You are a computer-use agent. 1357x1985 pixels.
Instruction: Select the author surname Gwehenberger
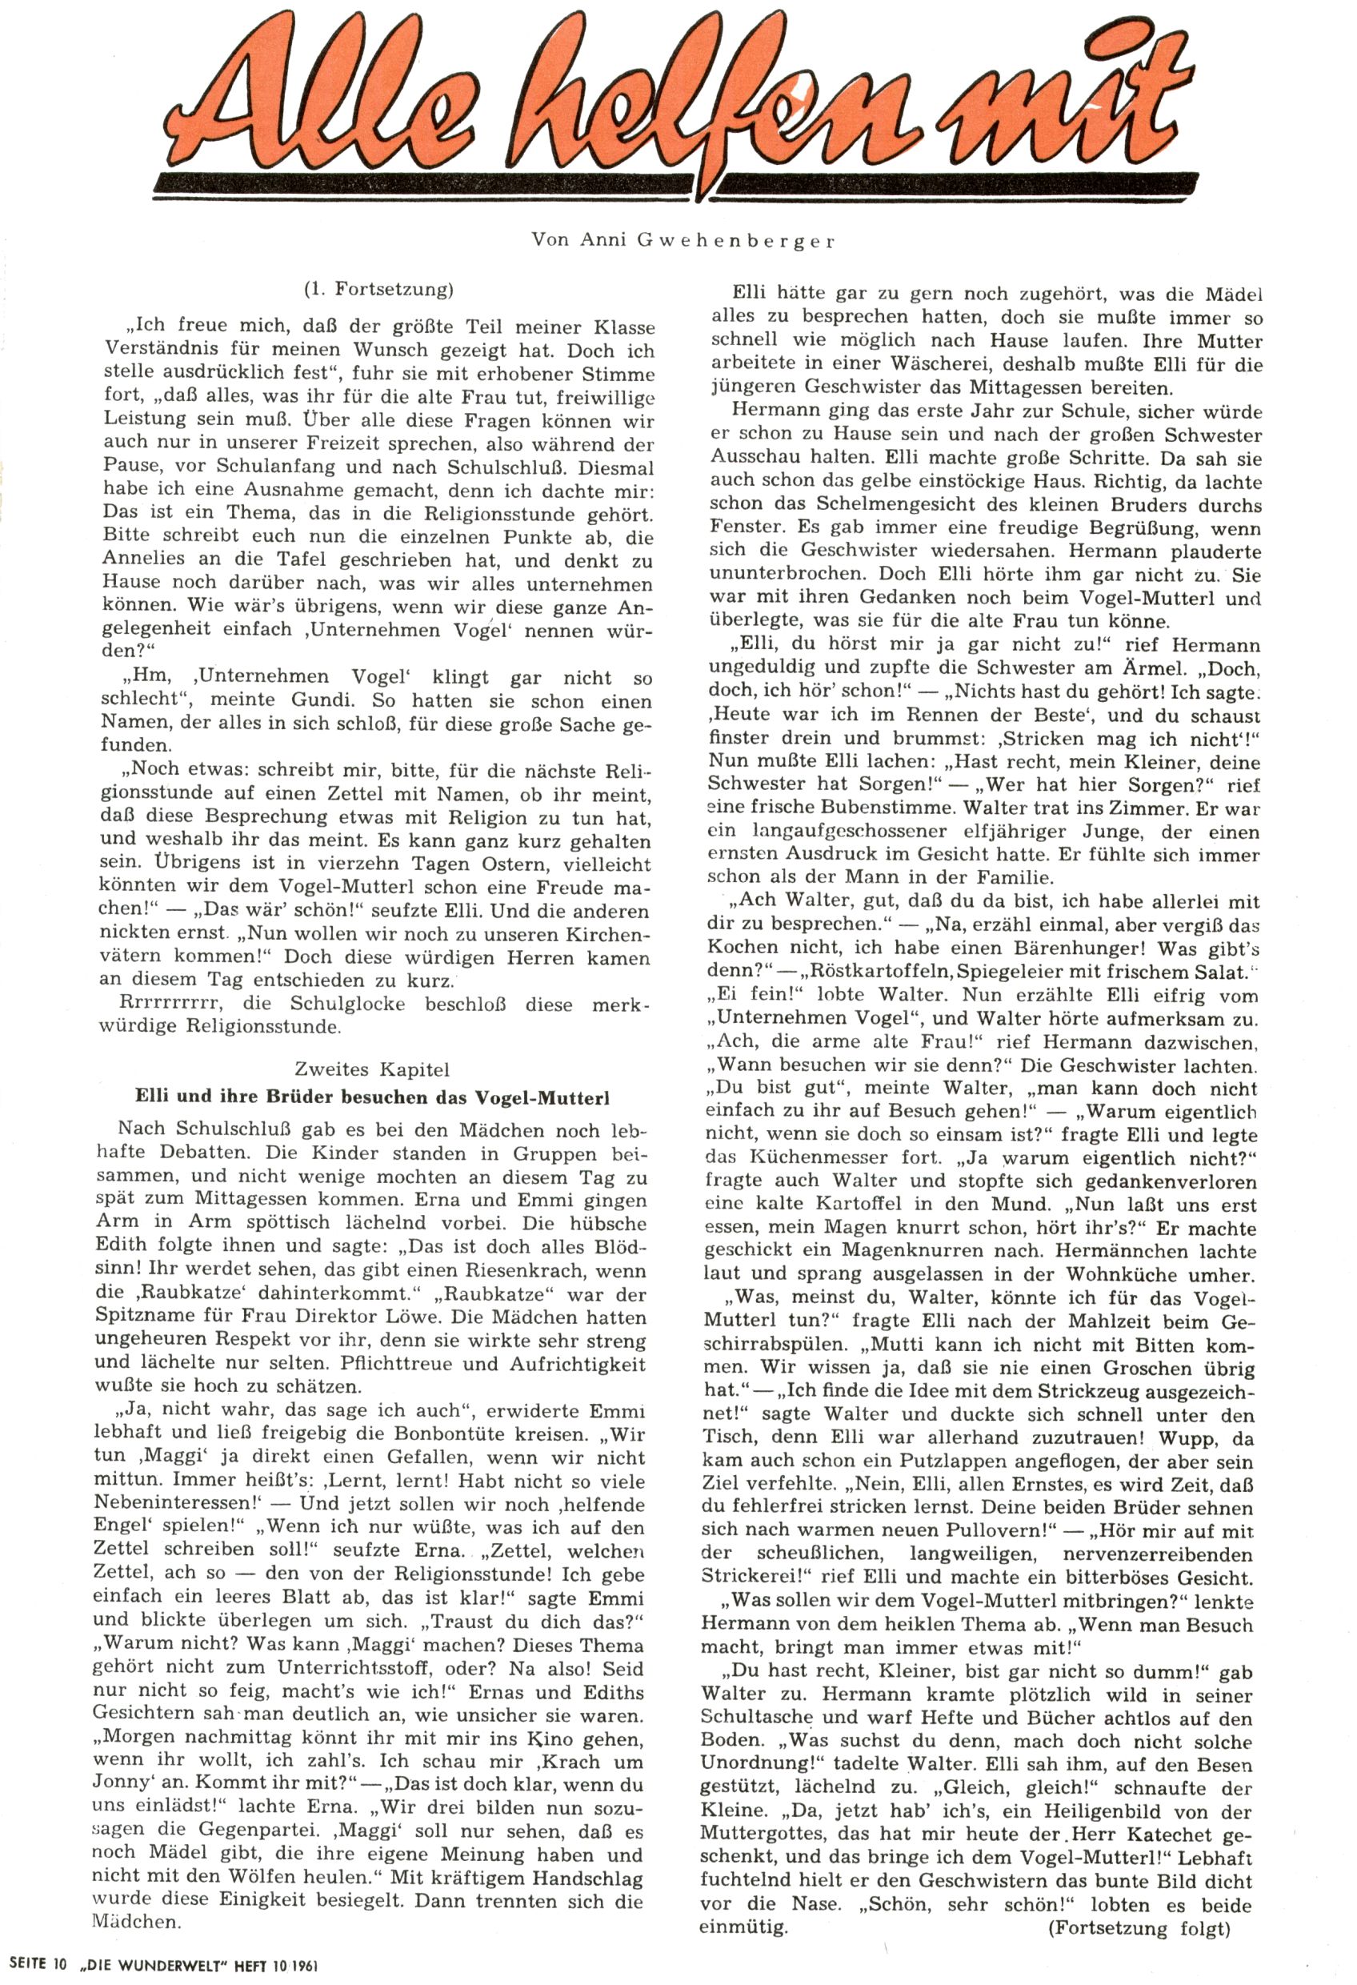[735, 241]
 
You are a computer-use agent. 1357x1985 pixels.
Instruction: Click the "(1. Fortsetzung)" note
[378, 289]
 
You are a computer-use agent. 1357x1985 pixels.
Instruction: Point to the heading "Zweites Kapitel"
[371, 1069]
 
